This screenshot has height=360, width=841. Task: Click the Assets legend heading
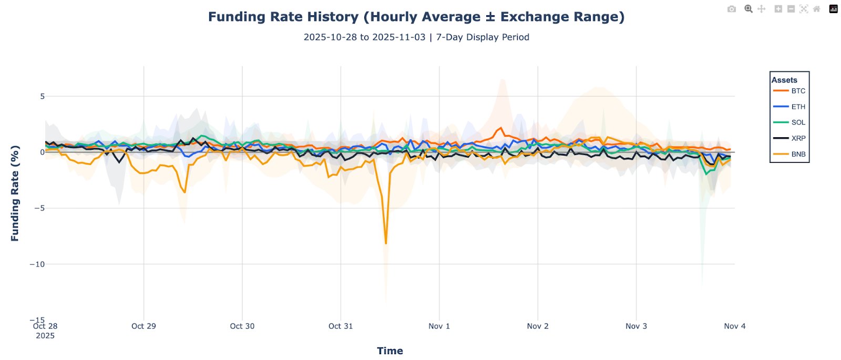pos(784,80)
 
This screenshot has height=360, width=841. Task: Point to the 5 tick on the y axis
pos(43,96)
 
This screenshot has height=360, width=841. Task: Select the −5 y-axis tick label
pos(39,208)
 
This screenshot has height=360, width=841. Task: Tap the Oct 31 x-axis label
pos(341,326)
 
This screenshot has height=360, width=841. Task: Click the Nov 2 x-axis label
pos(538,326)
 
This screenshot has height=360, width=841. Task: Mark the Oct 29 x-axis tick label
pos(143,326)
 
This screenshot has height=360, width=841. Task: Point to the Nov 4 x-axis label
pos(734,326)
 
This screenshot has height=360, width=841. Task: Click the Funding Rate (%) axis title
pos(15,193)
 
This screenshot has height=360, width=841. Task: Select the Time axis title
pos(389,351)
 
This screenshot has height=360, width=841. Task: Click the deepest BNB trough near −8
pos(386,243)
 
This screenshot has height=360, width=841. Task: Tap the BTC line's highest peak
pos(501,128)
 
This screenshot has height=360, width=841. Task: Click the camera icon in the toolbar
pos(732,9)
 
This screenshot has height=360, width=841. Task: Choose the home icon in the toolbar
pos(816,9)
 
